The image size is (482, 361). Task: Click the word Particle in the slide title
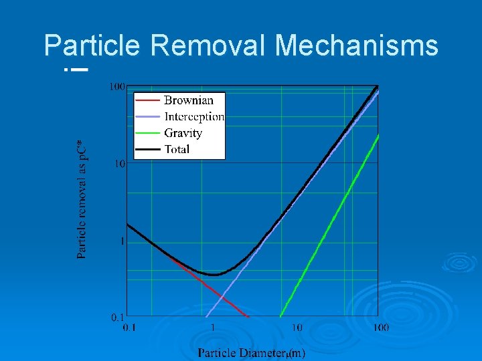click(x=92, y=46)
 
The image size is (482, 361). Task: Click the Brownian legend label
click(x=189, y=100)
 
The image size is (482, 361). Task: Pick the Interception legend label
click(x=194, y=117)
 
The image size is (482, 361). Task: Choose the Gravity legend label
click(x=183, y=133)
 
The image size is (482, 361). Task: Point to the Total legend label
click(x=177, y=149)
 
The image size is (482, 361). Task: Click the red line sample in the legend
click(x=148, y=100)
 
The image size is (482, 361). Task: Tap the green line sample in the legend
click(x=148, y=133)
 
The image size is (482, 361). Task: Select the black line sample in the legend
click(x=148, y=149)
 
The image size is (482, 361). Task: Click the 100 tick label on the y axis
click(x=117, y=86)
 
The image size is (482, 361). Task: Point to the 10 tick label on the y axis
click(x=120, y=164)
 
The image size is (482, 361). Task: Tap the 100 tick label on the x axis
click(x=380, y=328)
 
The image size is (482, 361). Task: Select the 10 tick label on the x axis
click(x=297, y=328)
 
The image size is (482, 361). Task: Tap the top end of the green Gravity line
click(x=379, y=135)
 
